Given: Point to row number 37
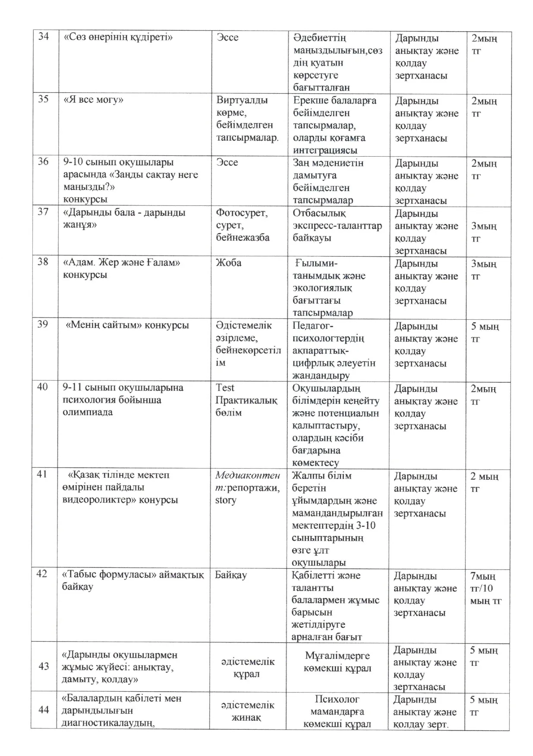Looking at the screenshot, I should pyautogui.click(x=43, y=212).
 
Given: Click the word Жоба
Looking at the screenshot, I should pyautogui.click(x=228, y=263).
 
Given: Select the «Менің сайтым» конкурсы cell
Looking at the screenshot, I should pyautogui.click(x=127, y=325).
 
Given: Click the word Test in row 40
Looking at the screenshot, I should pyautogui.click(x=225, y=387).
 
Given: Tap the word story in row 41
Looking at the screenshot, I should pyautogui.click(x=226, y=501).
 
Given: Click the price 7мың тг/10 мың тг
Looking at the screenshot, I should pyautogui.click(x=486, y=588).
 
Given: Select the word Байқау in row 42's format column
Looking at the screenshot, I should pyautogui.click(x=230, y=575).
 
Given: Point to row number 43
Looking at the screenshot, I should pyautogui.click(x=44, y=666).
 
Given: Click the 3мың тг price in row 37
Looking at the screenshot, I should pyautogui.click(x=483, y=232).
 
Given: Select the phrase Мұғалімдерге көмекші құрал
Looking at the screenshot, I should pyautogui.click(x=337, y=661).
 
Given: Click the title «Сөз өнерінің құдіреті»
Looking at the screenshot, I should pyautogui.click(x=118, y=37).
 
